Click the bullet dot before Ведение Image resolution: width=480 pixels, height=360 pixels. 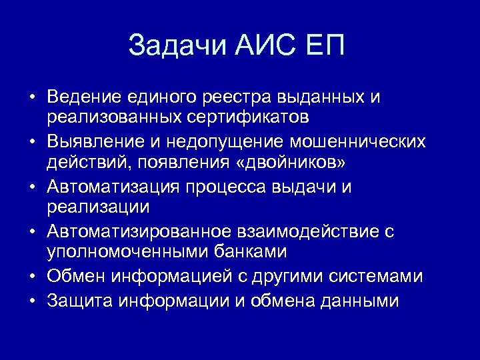31,97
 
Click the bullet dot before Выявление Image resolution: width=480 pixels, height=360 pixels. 31,142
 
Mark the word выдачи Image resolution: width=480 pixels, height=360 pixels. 305,187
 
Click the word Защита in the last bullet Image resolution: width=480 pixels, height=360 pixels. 80,301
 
